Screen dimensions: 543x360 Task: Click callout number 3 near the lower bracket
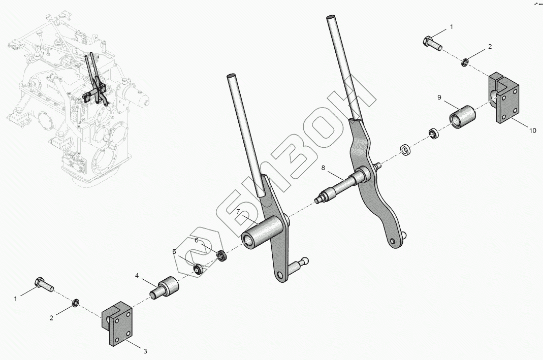[x=145, y=351]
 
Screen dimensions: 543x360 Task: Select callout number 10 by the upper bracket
[x=532, y=130]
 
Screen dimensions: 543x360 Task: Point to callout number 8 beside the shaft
[x=322, y=167]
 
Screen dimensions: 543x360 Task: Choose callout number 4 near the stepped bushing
[x=137, y=276]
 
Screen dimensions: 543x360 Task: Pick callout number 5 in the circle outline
[x=174, y=251]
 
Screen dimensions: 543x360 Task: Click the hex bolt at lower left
[x=43, y=284]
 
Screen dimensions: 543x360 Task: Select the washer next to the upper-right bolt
[x=464, y=63]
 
